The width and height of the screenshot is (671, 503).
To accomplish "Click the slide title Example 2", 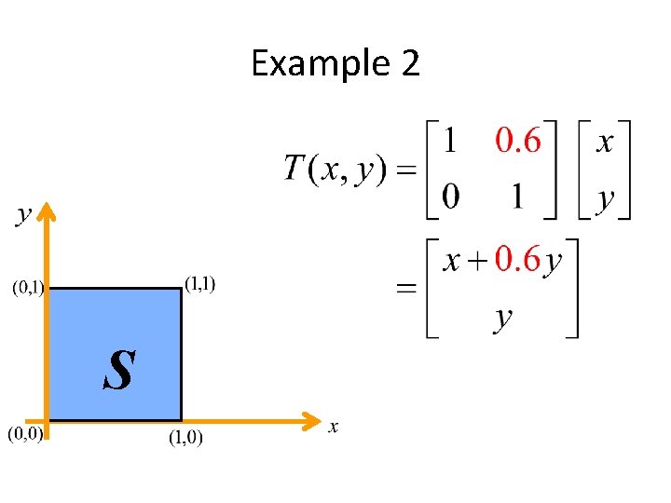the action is [x=335, y=64].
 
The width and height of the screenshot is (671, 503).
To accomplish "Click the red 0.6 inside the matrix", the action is [x=518, y=142].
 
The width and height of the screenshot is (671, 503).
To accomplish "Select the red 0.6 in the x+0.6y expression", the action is [x=517, y=260].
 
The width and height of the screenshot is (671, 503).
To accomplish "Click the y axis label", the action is [x=23, y=215].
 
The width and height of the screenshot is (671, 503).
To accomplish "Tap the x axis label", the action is [x=333, y=427].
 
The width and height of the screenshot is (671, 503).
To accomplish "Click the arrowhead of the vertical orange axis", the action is [x=48, y=214].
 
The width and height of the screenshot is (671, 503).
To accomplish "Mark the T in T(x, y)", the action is [x=294, y=169].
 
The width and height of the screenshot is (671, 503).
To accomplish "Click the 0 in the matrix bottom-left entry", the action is [x=450, y=197].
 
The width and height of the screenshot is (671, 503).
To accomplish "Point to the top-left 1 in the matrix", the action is [x=450, y=142].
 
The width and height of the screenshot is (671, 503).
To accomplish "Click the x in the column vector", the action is [x=605, y=143].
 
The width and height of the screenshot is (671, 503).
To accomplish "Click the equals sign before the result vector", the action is [x=406, y=290].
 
